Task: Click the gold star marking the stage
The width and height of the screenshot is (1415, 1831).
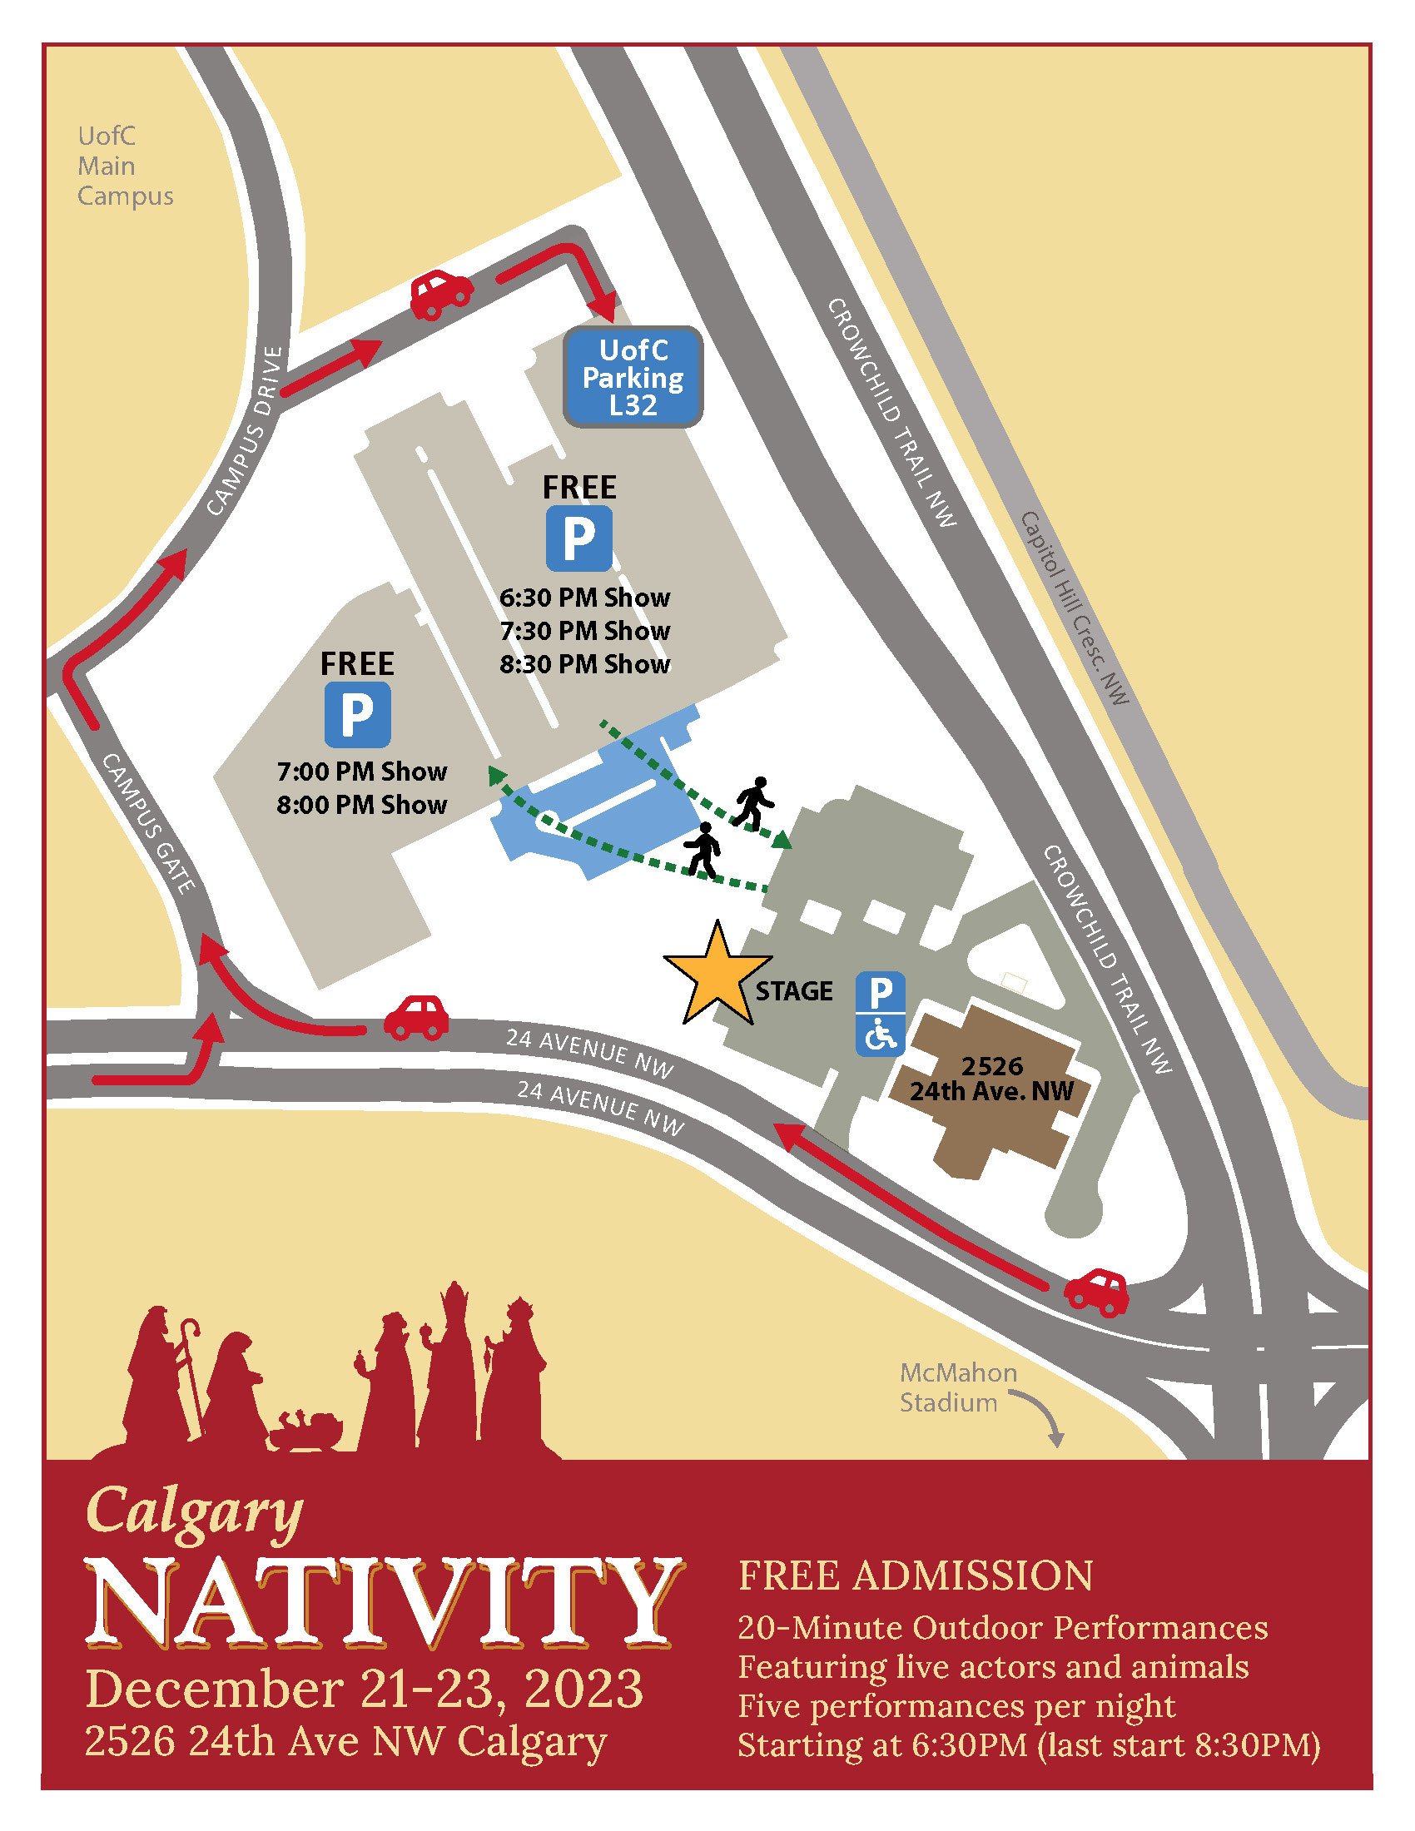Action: tap(717, 977)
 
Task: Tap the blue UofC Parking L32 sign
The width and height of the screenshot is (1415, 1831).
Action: tap(633, 377)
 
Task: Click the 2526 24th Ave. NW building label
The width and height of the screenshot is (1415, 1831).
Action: tap(991, 1078)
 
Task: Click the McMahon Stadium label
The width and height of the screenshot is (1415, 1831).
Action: tap(957, 1387)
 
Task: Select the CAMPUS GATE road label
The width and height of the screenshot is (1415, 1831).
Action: tap(148, 822)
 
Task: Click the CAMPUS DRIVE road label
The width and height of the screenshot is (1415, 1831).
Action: tap(245, 431)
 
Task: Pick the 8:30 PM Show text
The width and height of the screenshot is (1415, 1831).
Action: tap(584, 664)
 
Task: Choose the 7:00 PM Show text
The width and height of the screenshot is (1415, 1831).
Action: tap(361, 772)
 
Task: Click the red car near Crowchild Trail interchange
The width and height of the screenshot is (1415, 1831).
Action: tap(1096, 1292)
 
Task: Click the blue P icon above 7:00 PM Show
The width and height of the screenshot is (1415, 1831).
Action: tap(357, 714)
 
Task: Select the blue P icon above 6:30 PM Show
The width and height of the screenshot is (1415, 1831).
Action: tap(578, 538)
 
